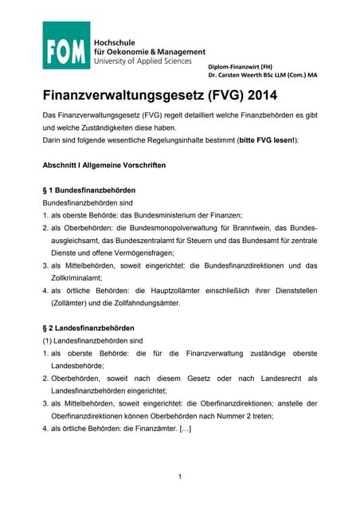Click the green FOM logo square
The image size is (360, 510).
click(65, 45)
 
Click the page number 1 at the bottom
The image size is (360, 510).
click(180, 476)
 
